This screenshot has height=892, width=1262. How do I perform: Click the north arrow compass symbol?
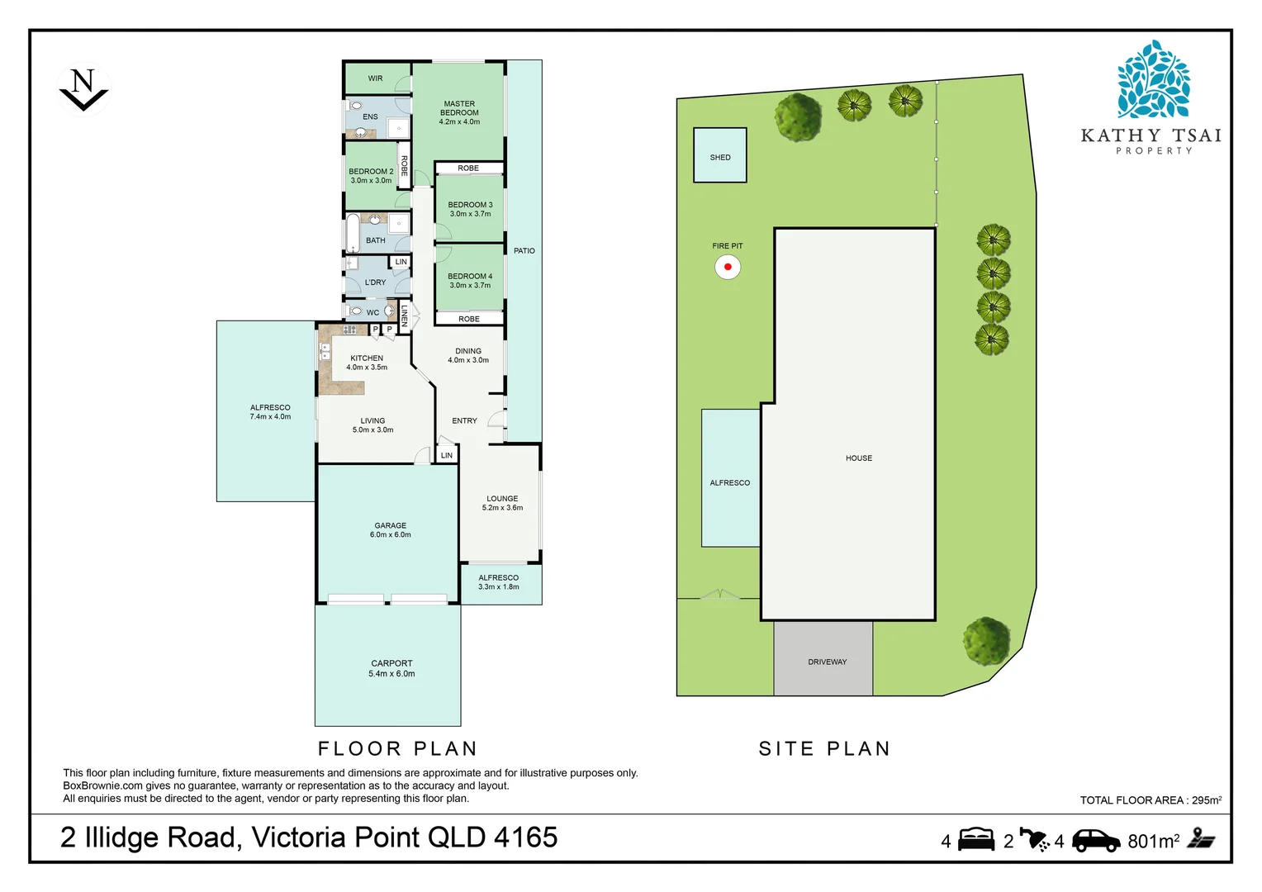[x=83, y=89]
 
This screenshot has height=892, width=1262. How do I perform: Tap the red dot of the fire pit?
[x=728, y=267]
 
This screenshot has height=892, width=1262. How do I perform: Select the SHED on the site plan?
[x=720, y=155]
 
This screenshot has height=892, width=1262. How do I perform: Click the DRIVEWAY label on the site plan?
[x=827, y=662]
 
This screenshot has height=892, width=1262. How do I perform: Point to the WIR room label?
[x=375, y=78]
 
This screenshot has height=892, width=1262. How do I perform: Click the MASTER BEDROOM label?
[x=459, y=108]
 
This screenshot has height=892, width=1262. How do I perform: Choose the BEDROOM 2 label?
[x=372, y=171]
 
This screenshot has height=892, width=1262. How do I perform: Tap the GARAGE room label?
[x=391, y=526]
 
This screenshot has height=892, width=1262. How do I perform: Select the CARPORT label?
[x=391, y=664]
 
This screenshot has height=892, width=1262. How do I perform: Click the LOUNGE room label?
[x=502, y=499]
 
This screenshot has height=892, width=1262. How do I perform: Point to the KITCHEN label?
[x=367, y=358]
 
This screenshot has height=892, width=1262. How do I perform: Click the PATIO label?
[x=524, y=251]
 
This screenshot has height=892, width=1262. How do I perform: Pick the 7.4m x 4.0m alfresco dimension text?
[x=270, y=417]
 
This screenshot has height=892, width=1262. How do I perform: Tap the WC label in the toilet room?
[x=373, y=313]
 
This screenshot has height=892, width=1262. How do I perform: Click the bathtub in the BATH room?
[x=353, y=233]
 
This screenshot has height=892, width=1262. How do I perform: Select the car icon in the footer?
[x=1096, y=841]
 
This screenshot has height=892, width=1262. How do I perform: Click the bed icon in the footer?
[x=976, y=839]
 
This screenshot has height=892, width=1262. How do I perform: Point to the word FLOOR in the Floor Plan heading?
[x=359, y=749]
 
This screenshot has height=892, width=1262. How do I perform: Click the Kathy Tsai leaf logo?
[x=1153, y=79]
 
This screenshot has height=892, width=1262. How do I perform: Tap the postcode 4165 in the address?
[x=525, y=837]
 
